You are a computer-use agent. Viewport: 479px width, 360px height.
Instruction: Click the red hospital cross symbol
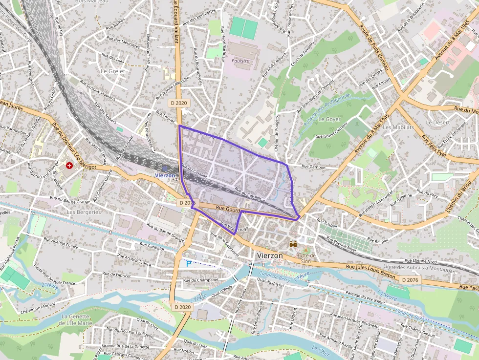[69, 166]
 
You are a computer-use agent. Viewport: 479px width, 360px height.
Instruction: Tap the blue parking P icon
[189, 263]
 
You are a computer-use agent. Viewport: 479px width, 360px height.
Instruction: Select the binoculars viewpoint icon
[293, 244]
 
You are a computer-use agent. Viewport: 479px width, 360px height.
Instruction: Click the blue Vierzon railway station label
[165, 175]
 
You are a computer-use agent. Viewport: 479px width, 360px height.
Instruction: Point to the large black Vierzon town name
[269, 255]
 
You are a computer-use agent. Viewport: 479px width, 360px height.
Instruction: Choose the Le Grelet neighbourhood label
[112, 71]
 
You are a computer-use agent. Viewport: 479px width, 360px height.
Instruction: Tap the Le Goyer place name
[329, 119]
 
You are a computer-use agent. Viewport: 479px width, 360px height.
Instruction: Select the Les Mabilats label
[398, 127]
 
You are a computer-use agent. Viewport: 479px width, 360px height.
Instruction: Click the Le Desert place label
[437, 122]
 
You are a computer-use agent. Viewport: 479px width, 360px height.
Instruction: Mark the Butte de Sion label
[306, 258]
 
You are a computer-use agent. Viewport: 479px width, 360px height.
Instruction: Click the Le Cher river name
[321, 350]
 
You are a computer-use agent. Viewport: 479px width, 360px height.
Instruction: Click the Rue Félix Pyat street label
[434, 146]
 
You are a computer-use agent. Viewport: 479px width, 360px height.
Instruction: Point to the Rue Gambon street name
[313, 167]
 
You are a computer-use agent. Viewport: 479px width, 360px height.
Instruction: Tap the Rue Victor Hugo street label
[235, 226]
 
